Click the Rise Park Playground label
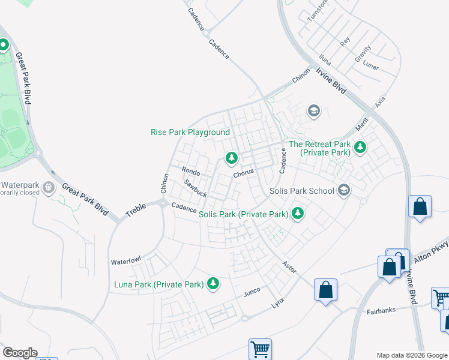pyautogui.click(x=190, y=132)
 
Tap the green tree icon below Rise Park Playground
pyautogui.click(x=231, y=158)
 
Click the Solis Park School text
pyautogui.click(x=302, y=191)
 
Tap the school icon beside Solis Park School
pyautogui.click(x=344, y=190)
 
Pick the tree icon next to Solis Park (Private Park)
pyautogui.click(x=297, y=213)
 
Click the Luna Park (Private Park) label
pyautogui.click(x=158, y=284)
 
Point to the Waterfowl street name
pyautogui.click(x=125, y=262)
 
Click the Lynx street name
pyautogui.click(x=277, y=304)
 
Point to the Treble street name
pyautogui.click(x=136, y=209)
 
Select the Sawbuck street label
pyautogui.click(x=195, y=189)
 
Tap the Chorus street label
pyautogui.click(x=244, y=173)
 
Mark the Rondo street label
pyautogui.click(x=190, y=172)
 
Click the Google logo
pyautogui.click(x=20, y=353)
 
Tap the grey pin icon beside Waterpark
pyautogui.click(x=49, y=188)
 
